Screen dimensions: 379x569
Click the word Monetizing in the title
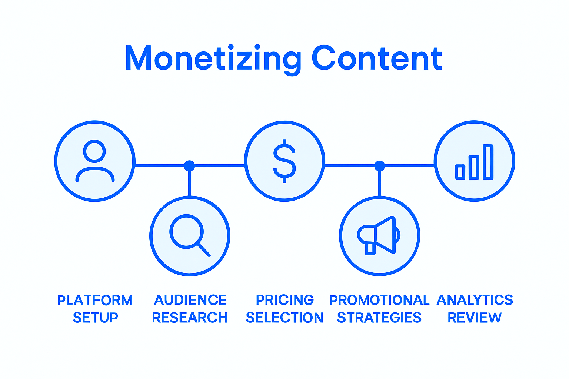(213, 58)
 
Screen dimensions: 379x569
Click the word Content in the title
(377, 58)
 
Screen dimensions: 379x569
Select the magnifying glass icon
(189, 235)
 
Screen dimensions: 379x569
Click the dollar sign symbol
(284, 161)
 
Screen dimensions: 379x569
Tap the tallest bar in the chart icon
(488, 162)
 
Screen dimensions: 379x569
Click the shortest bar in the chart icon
(460, 172)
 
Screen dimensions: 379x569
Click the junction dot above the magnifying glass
(189, 165)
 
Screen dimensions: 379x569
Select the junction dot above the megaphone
(379, 165)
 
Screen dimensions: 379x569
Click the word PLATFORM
(95, 300)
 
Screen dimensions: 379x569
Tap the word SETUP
(95, 318)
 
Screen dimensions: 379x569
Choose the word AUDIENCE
(190, 300)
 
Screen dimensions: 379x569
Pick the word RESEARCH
(190, 318)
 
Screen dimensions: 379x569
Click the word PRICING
(284, 300)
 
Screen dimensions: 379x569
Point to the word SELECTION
(284, 318)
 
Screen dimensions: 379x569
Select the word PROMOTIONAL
(379, 300)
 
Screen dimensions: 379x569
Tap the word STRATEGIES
(379, 318)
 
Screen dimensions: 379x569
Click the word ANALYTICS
(475, 300)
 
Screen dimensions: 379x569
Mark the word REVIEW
(475, 318)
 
